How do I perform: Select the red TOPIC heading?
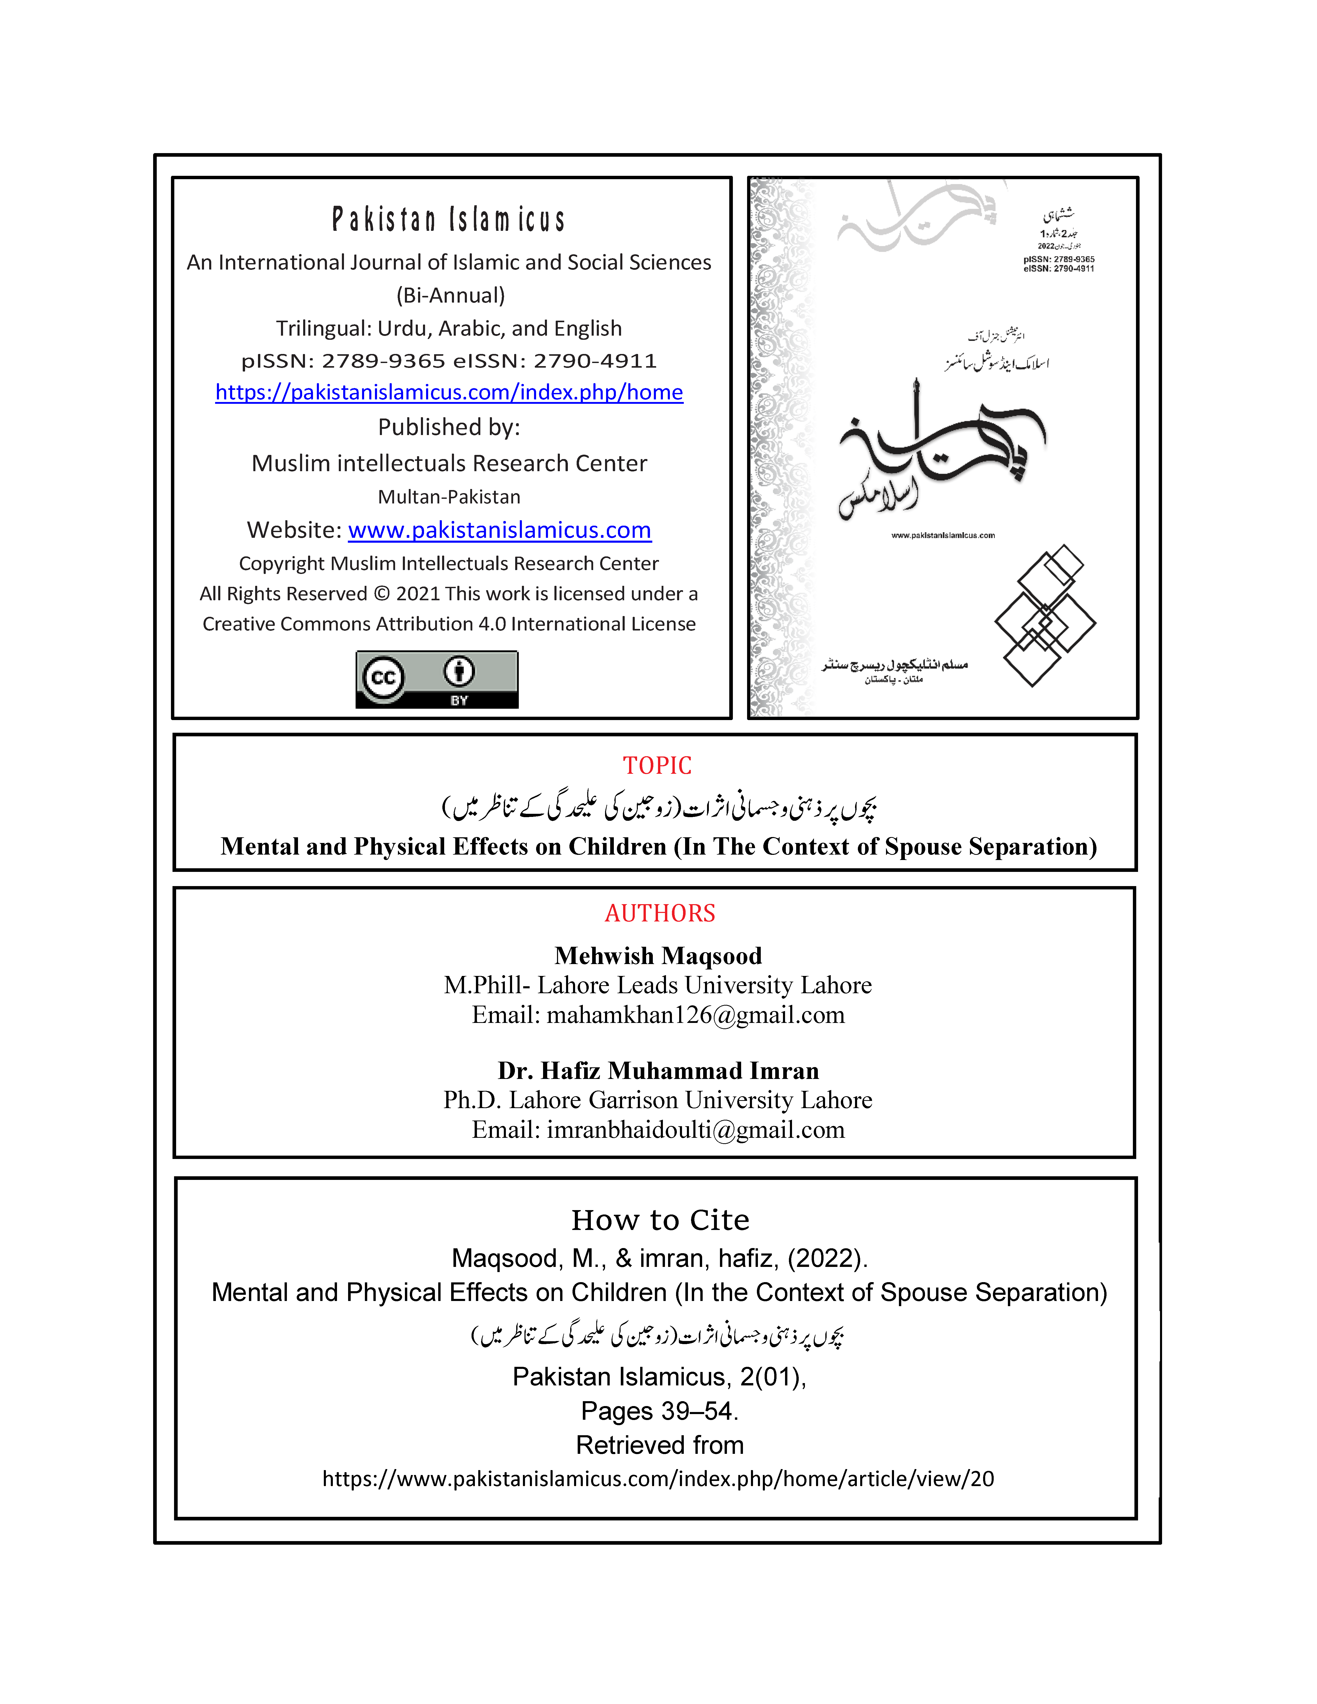click(657, 766)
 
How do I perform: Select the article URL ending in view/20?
click(658, 1479)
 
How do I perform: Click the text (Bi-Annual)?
click(450, 295)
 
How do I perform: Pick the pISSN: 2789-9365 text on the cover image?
click(1059, 259)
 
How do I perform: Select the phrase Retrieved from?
click(659, 1445)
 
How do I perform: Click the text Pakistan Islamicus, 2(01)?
click(659, 1377)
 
